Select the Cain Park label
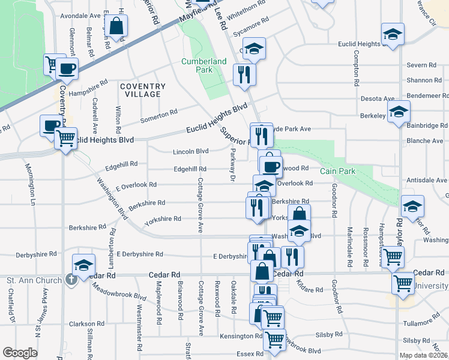tap(337, 171)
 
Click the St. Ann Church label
tap(34, 280)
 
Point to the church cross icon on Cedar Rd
tap(71, 278)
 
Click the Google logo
tap(20, 353)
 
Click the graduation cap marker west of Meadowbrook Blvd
tap(83, 265)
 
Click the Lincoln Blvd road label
tap(190, 151)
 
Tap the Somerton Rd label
tap(158, 116)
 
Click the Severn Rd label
tap(424, 65)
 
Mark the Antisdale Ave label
tap(428, 180)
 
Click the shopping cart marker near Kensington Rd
tap(274, 339)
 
